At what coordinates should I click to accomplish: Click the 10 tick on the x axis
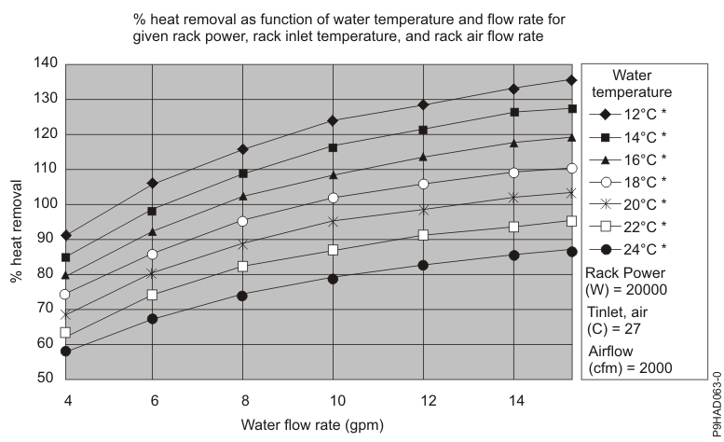coord(333,400)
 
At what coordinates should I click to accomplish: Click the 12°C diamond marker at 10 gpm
coord(333,120)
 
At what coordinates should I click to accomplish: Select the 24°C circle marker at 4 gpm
coord(65,352)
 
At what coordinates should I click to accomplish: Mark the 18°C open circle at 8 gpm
coord(243,221)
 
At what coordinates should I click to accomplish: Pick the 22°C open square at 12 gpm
coord(423,235)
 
